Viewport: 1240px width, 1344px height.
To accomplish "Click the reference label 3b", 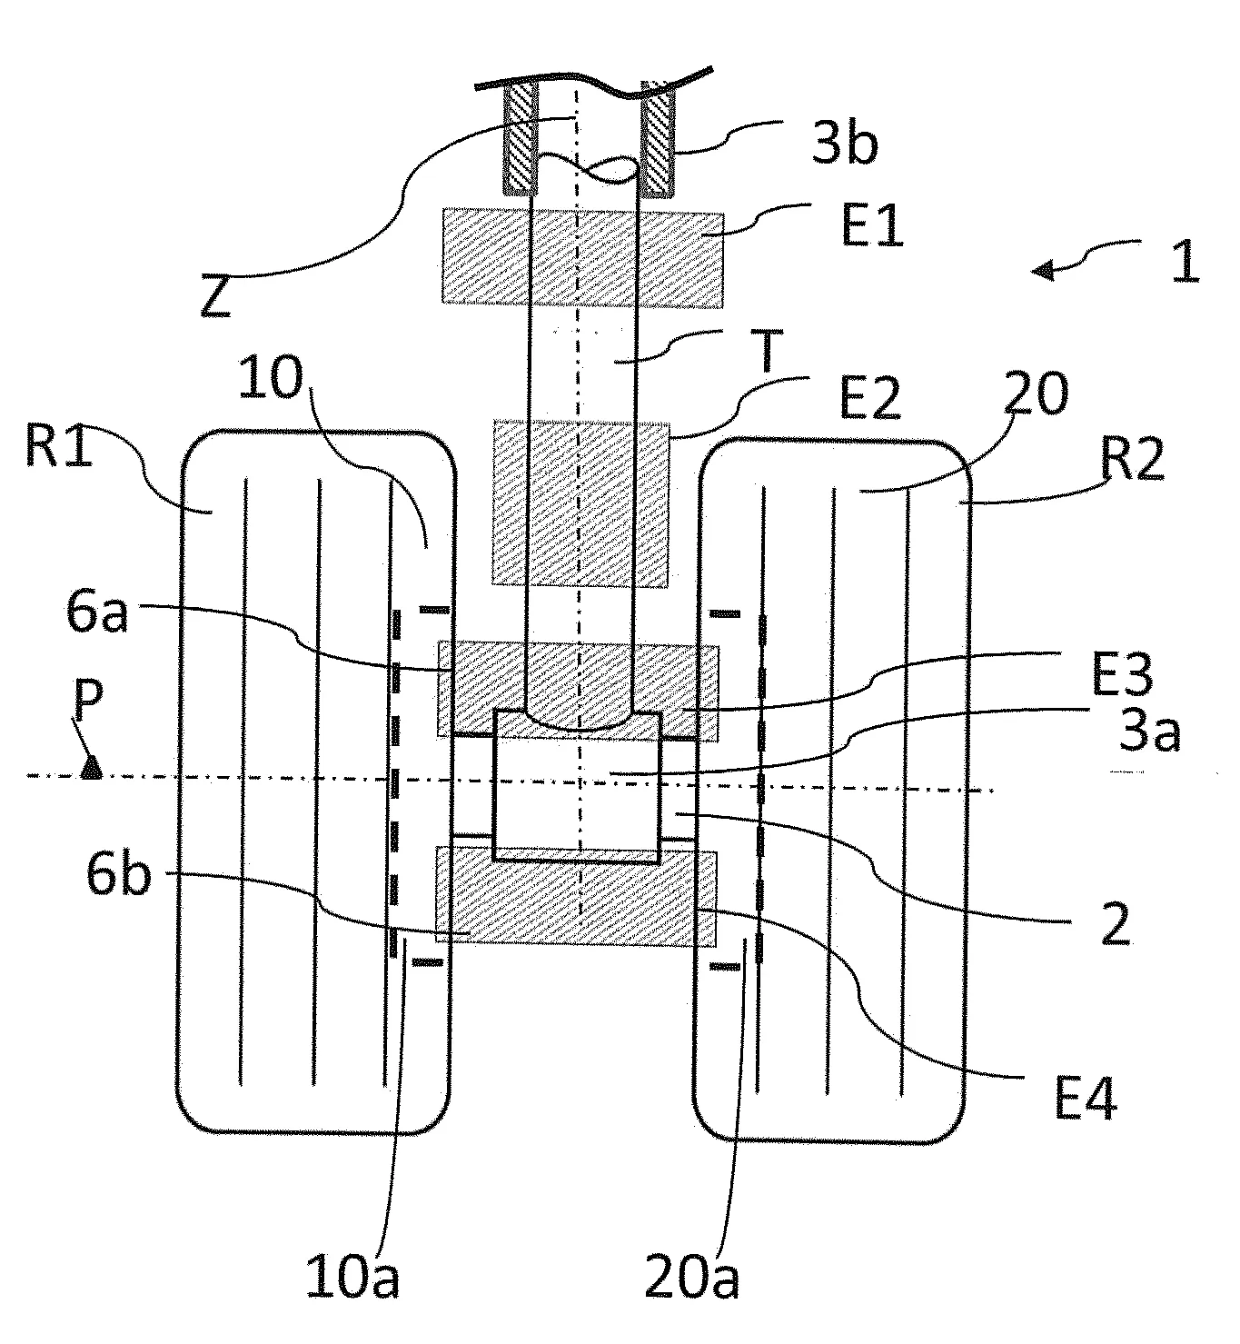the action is point(844,144).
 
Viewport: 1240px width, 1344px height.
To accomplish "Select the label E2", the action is point(871,399).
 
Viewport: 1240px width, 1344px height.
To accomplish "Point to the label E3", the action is point(1122,674).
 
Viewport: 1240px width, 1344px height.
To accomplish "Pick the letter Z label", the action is point(216,297).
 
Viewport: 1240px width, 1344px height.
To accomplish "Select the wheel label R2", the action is point(1133,460).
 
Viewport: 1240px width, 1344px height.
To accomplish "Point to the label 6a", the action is point(97,613).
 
